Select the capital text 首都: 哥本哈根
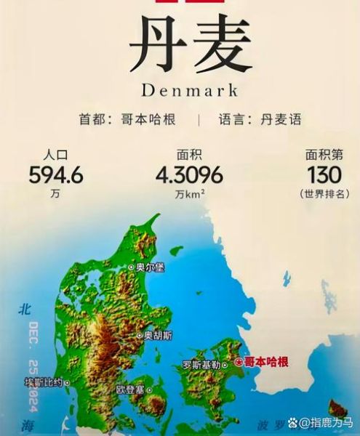(x=127, y=119)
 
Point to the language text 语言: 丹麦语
(x=260, y=119)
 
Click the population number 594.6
(x=56, y=175)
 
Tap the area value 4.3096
(x=189, y=175)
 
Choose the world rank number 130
(x=324, y=175)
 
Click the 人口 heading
(x=55, y=155)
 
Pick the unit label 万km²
(x=189, y=195)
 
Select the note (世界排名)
(x=324, y=194)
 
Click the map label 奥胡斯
(x=157, y=336)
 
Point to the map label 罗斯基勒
(x=201, y=365)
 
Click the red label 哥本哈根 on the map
(x=265, y=361)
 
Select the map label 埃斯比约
(x=47, y=381)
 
